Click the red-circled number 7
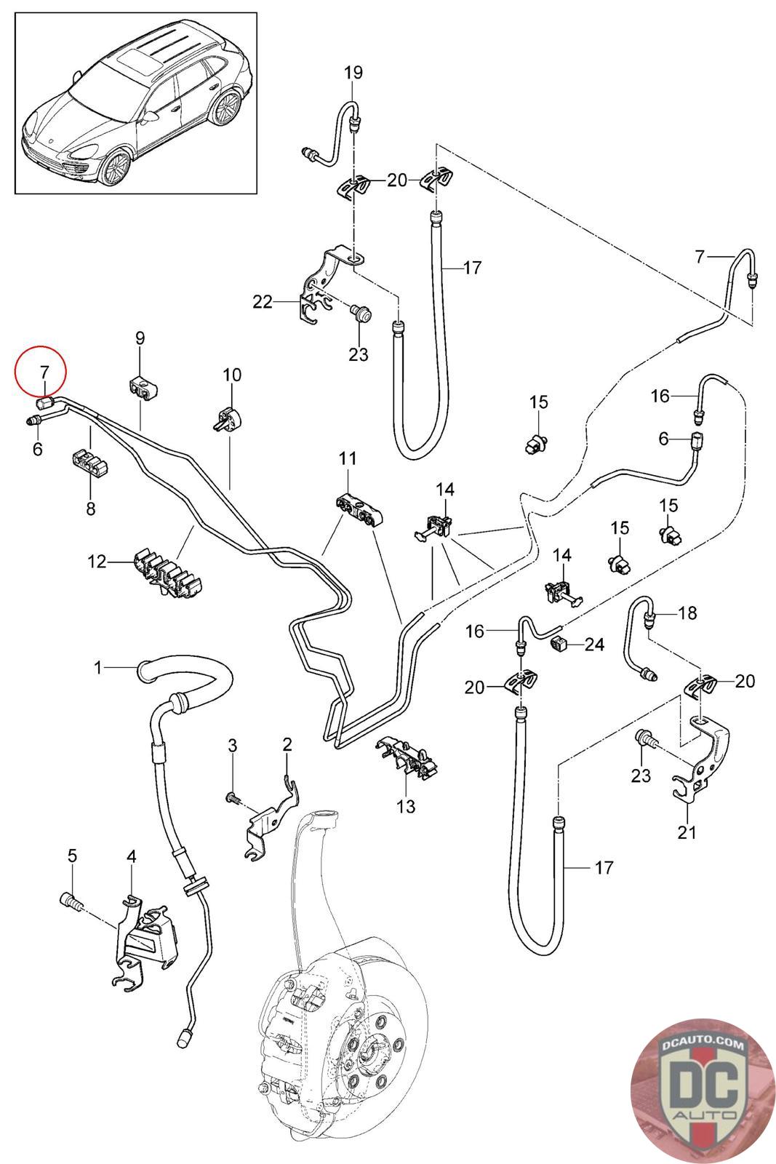pyautogui.click(x=44, y=372)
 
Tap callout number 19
pyautogui.click(x=353, y=72)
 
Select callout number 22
pyautogui.click(x=263, y=301)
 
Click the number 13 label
pyautogui.click(x=406, y=806)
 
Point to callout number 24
pyautogui.click(x=594, y=645)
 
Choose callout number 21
pyautogui.click(x=686, y=832)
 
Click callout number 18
pyautogui.click(x=687, y=613)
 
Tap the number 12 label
pyautogui.click(x=97, y=561)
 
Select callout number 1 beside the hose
pyautogui.click(x=98, y=667)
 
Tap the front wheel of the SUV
pyautogui.click(x=116, y=167)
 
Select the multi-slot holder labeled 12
pyautogui.click(x=168, y=574)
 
